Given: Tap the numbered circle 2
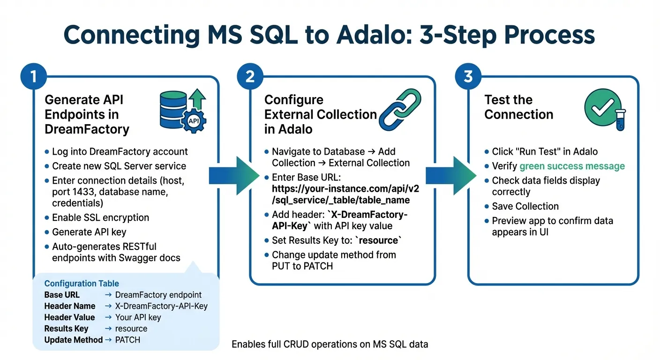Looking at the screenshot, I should click(x=250, y=76).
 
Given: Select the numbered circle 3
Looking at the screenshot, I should click(x=468, y=76).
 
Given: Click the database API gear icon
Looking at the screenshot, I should click(x=182, y=111).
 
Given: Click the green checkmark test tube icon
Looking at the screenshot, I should click(x=605, y=111).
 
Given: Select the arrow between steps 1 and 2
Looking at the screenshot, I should click(x=233, y=176).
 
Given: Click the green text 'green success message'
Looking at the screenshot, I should click(x=572, y=166).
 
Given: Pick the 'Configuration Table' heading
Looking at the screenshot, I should click(x=82, y=284).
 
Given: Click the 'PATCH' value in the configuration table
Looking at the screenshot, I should click(x=127, y=340).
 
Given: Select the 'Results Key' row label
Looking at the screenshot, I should click(x=66, y=329).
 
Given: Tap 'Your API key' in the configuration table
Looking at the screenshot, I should click(x=138, y=317).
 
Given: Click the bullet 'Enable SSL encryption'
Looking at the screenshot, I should click(x=100, y=217).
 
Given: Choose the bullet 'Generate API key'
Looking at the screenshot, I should click(x=89, y=232).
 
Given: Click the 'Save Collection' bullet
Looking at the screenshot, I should click(x=525, y=206).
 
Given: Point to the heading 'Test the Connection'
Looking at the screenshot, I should click(x=518, y=107).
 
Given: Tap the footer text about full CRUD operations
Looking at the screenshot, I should click(x=330, y=345).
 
